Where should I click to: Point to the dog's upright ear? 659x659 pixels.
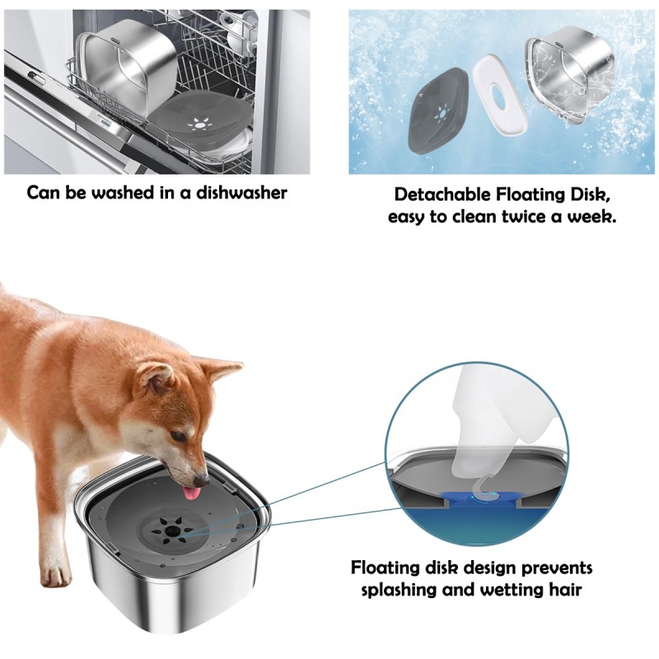click(x=221, y=370)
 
